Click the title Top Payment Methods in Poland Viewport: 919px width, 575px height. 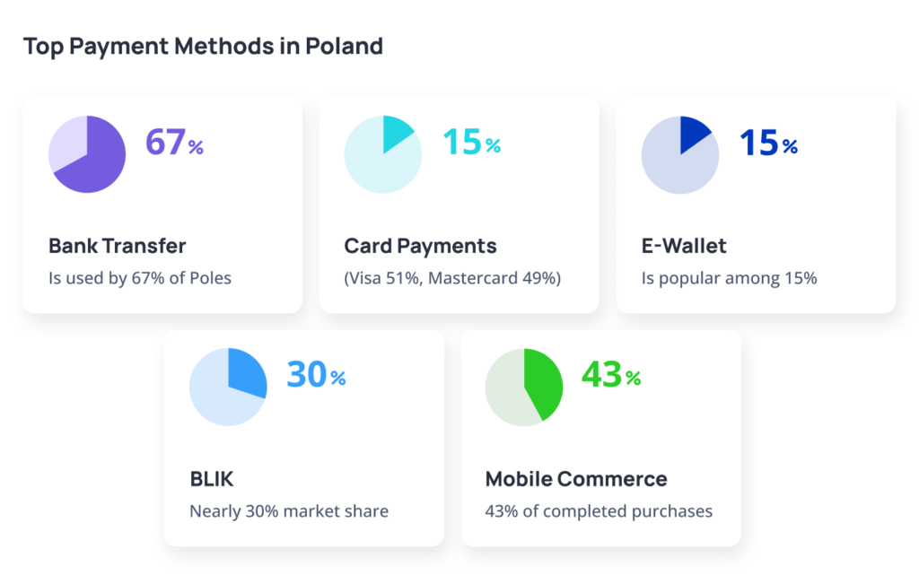pos(203,46)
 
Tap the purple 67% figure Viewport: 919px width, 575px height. pos(174,143)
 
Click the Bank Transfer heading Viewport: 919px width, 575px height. pos(117,246)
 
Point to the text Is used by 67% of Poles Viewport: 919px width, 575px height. pos(140,278)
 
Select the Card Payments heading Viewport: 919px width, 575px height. pos(420,246)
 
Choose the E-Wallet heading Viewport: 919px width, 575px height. pos(684,246)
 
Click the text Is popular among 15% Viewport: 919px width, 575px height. pos(729,278)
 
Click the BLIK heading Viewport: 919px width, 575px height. pos(212,479)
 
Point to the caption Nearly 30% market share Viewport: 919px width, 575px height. pos(289,511)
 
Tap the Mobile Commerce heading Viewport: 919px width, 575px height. pos(576,479)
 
